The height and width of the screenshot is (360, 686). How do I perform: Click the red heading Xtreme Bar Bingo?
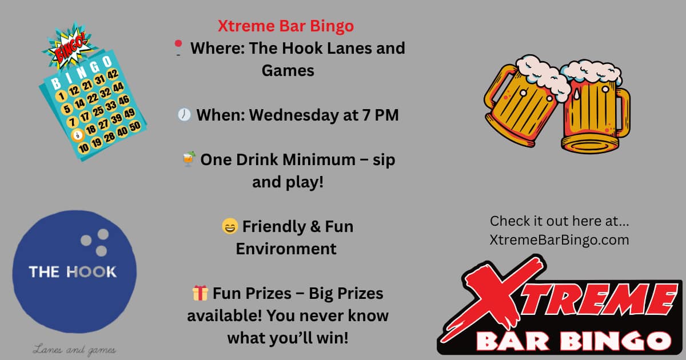(286, 26)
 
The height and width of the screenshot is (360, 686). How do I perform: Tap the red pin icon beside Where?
(178, 48)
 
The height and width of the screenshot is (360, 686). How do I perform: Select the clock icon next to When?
(184, 115)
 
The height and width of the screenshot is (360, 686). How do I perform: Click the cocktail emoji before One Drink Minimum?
(189, 159)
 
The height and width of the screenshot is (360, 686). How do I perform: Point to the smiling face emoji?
(230, 226)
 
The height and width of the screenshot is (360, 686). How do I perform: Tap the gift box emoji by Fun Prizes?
(200, 293)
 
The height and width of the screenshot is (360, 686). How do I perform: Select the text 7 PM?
(380, 115)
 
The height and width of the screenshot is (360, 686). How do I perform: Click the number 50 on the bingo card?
(135, 126)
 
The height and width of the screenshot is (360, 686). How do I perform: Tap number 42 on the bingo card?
(113, 74)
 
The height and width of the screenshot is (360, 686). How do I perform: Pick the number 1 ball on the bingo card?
(61, 96)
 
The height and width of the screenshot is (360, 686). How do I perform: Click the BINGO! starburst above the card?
(69, 46)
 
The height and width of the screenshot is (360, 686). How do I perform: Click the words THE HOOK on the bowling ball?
(73, 272)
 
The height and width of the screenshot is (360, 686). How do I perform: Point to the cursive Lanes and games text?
(74, 350)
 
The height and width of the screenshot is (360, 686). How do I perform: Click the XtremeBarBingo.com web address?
(559, 240)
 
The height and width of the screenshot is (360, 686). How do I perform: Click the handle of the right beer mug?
(623, 113)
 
